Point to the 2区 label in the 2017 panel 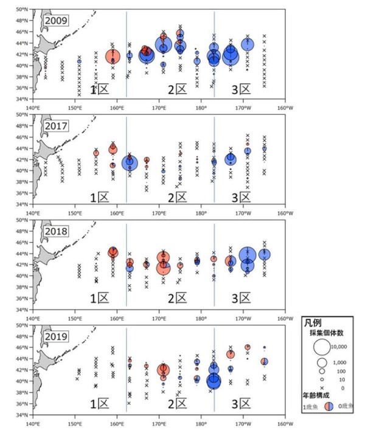[178, 196]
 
